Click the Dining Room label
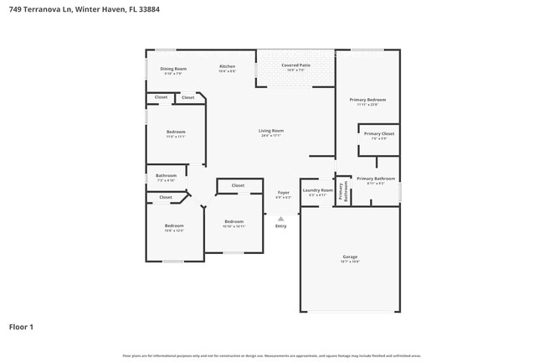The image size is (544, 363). click(173, 69)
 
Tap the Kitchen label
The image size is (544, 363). click(227, 66)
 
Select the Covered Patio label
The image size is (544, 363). click(296, 65)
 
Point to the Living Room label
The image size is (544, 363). click(270, 131)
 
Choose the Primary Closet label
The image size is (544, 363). click(378, 133)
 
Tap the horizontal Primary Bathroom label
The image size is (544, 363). click(375, 179)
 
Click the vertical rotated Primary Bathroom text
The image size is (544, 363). click(341, 191)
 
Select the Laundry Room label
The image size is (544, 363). click(317, 190)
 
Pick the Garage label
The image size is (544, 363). click(350, 257)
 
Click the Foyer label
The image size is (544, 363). click(283, 193)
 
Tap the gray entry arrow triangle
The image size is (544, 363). click(280, 218)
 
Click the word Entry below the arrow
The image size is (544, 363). click(280, 226)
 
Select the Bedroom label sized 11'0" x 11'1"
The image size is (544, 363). click(175, 132)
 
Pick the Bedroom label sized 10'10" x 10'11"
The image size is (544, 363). click(234, 221)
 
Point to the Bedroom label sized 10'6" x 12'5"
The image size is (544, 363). click(174, 226)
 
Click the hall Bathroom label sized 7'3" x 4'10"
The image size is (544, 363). click(166, 176)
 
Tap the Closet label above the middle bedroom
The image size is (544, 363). click(238, 185)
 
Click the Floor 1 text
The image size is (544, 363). click(21, 326)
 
